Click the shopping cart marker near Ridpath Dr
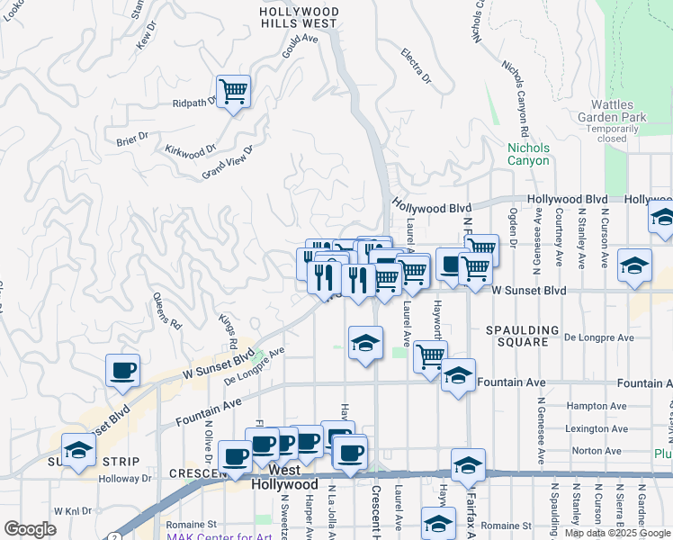coord(233,91)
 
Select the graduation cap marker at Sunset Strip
coord(79,450)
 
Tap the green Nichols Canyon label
coord(527,154)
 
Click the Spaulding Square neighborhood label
coord(523,336)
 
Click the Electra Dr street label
coord(417,67)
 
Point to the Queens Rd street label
coord(167,310)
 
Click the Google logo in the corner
coord(30,529)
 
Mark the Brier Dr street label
coord(131,140)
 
